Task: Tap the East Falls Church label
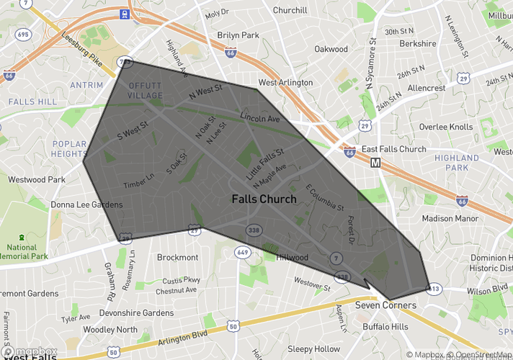(x=394, y=149)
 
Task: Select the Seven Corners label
(x=385, y=305)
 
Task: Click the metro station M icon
(x=375, y=163)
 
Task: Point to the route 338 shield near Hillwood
(x=253, y=230)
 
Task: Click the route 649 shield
(x=242, y=253)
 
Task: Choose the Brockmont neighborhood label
(x=177, y=257)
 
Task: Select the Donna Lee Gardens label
(x=86, y=204)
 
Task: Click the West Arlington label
(x=285, y=83)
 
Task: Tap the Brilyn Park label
(x=237, y=35)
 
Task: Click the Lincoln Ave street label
(x=259, y=117)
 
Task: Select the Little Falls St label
(x=265, y=163)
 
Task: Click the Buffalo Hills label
(x=385, y=326)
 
